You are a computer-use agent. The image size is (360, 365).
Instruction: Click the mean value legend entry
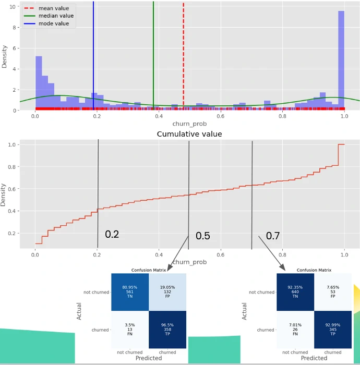[54, 8]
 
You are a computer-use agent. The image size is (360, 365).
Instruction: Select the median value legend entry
[56, 16]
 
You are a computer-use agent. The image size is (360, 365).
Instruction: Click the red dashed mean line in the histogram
[183, 52]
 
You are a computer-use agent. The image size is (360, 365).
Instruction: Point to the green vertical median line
[153, 52]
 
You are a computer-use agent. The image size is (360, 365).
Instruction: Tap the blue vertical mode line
[93, 52]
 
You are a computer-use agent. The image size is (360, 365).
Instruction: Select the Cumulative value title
[189, 134]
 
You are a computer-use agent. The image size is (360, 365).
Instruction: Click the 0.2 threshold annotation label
[112, 234]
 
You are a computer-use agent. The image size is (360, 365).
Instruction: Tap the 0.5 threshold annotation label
[203, 236]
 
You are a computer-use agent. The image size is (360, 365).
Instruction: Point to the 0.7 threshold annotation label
[273, 236]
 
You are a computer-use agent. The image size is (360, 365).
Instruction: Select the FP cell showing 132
[167, 292]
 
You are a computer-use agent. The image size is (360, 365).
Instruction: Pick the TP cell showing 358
[167, 330]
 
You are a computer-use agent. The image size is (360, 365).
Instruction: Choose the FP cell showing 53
[333, 292]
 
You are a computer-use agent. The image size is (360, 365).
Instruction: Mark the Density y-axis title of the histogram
[5, 56]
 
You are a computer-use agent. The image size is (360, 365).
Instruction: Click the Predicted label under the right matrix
[314, 358]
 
